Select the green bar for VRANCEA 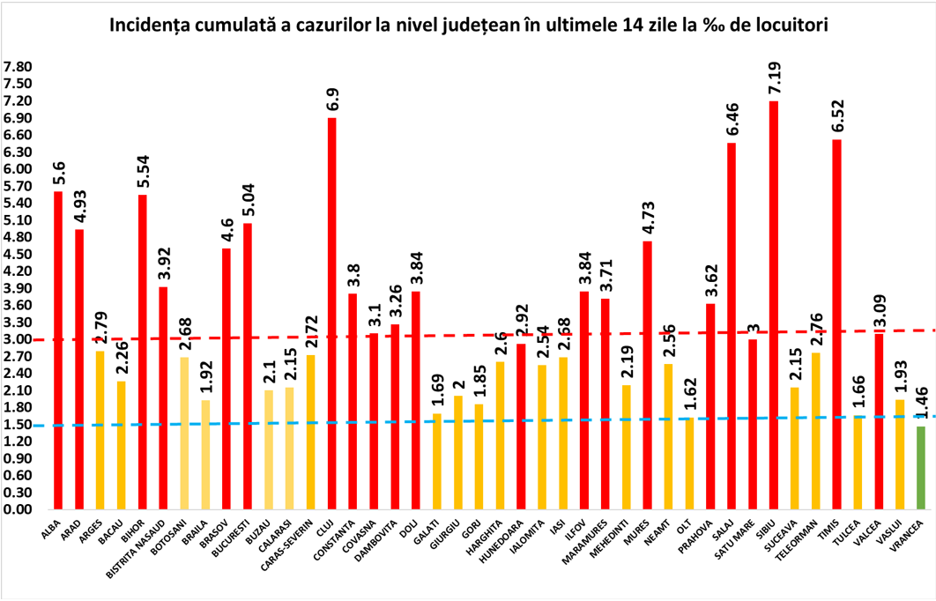click(921, 468)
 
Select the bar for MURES click(648, 375)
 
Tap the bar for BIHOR click(143, 352)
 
